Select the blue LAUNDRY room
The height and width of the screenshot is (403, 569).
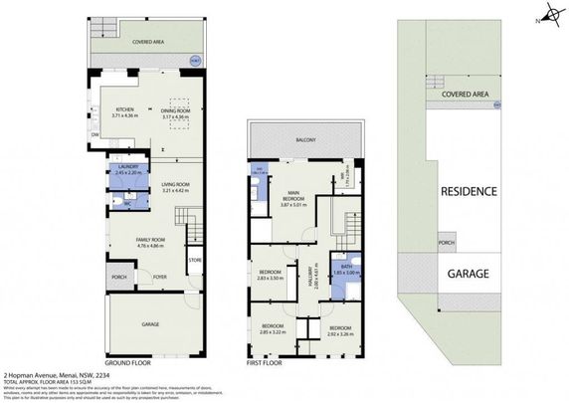(128, 170)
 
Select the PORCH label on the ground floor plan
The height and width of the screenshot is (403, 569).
(118, 278)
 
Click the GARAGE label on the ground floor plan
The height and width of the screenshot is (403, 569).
(150, 323)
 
